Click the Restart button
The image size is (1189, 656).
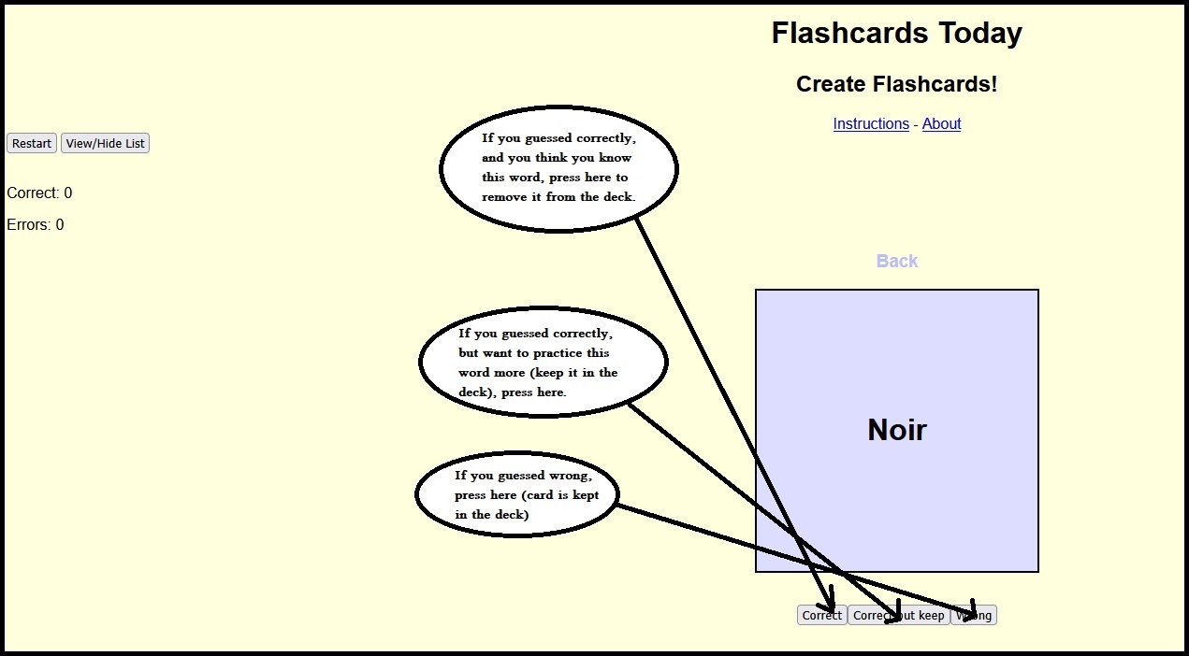pos(32,143)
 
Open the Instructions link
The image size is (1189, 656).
pos(871,123)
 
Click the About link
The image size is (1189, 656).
pos(941,123)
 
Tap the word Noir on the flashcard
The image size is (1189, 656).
pos(896,430)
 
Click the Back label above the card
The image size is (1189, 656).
pos(896,261)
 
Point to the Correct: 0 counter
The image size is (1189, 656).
pos(39,193)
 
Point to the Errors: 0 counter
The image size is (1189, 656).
pos(36,224)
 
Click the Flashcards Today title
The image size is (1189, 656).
pos(896,34)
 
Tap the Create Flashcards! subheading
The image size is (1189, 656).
pos(896,84)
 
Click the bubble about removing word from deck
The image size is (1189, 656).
pos(558,168)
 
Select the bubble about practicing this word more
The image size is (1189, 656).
pos(543,362)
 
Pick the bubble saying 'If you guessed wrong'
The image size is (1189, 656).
pos(517,494)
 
